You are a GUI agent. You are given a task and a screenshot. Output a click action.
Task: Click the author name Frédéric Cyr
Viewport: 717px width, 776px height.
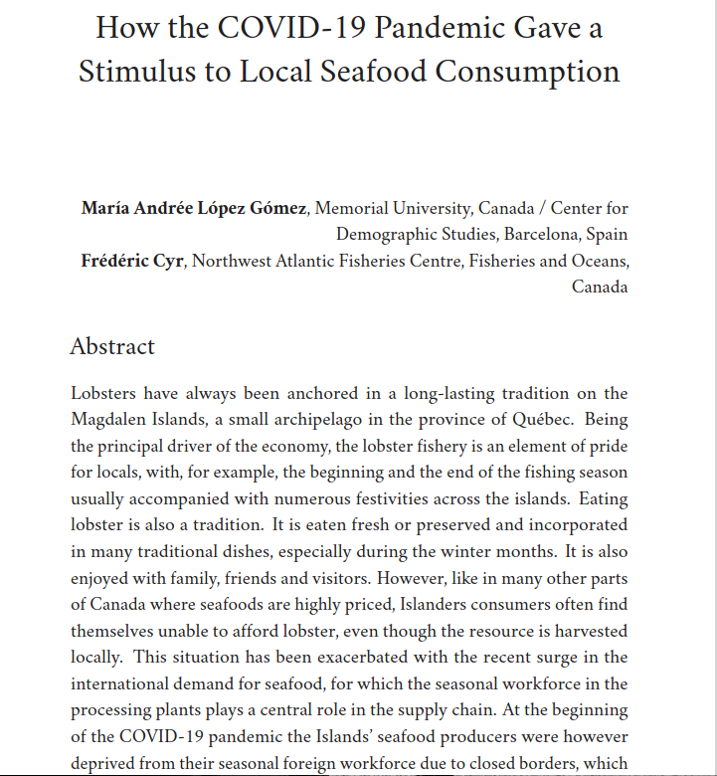133,262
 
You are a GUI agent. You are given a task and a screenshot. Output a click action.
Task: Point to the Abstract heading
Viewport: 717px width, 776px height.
112,346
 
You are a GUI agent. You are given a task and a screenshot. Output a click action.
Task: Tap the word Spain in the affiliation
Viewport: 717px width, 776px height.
607,235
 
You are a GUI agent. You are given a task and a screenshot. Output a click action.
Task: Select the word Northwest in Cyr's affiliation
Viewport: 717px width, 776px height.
231,262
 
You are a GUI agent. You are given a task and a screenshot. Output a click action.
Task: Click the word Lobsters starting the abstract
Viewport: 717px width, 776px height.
102,394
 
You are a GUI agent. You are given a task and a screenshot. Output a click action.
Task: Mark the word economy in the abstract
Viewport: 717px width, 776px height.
305,446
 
